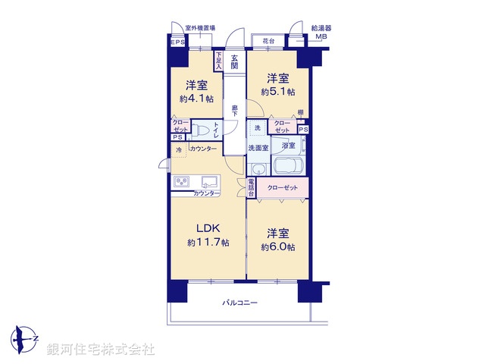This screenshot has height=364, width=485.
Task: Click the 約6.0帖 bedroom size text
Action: (278, 247)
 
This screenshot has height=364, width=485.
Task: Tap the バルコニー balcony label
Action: (240, 303)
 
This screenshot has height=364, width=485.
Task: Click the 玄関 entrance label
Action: (235, 61)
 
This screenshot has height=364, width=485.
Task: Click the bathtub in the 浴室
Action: (287, 166)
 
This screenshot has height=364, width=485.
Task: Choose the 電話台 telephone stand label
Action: (250, 187)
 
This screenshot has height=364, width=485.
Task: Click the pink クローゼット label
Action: (282, 186)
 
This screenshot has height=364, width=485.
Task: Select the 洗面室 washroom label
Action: (258, 148)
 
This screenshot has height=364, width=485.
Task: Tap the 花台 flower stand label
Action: (268, 41)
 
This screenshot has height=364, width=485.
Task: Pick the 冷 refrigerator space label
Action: (179, 150)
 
